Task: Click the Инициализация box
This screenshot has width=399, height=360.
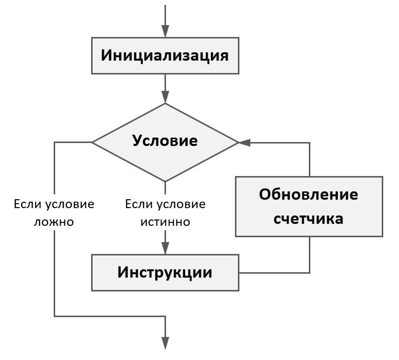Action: click(165, 55)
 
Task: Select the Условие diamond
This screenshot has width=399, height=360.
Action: click(165, 142)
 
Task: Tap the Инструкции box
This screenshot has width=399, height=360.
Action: click(165, 272)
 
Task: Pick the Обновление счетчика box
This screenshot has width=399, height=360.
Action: click(309, 206)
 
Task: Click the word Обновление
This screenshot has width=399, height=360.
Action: click(309, 194)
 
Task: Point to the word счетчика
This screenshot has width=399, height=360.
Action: click(309, 218)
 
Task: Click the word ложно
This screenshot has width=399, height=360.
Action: click(54, 222)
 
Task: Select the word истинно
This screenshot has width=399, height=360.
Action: click(165, 222)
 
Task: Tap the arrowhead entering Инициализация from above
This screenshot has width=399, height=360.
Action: click(165, 31)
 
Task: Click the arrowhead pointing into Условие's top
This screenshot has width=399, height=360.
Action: click(165, 97)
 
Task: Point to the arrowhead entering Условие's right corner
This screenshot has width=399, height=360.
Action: click(244, 143)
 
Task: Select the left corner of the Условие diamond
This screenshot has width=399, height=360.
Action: click(93, 143)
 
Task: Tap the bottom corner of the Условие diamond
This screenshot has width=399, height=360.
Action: click(165, 180)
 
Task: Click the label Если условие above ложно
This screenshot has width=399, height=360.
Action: click(54, 204)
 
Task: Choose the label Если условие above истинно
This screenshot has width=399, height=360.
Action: click(165, 204)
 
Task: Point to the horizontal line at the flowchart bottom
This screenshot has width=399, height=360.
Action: click(108, 316)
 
